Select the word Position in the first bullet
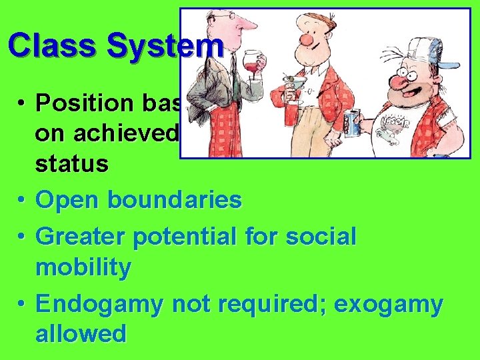click(78, 103)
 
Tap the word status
click(71, 164)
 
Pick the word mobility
click(83, 267)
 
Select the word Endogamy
click(101, 304)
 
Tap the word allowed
click(81, 333)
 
